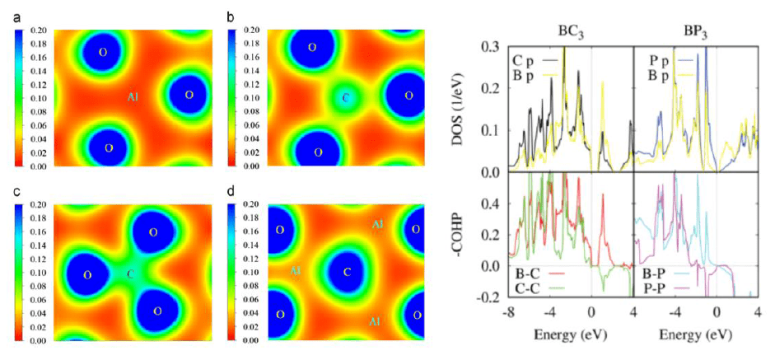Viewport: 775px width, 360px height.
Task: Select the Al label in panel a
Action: point(132,97)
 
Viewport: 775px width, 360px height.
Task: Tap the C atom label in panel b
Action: point(345,98)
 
